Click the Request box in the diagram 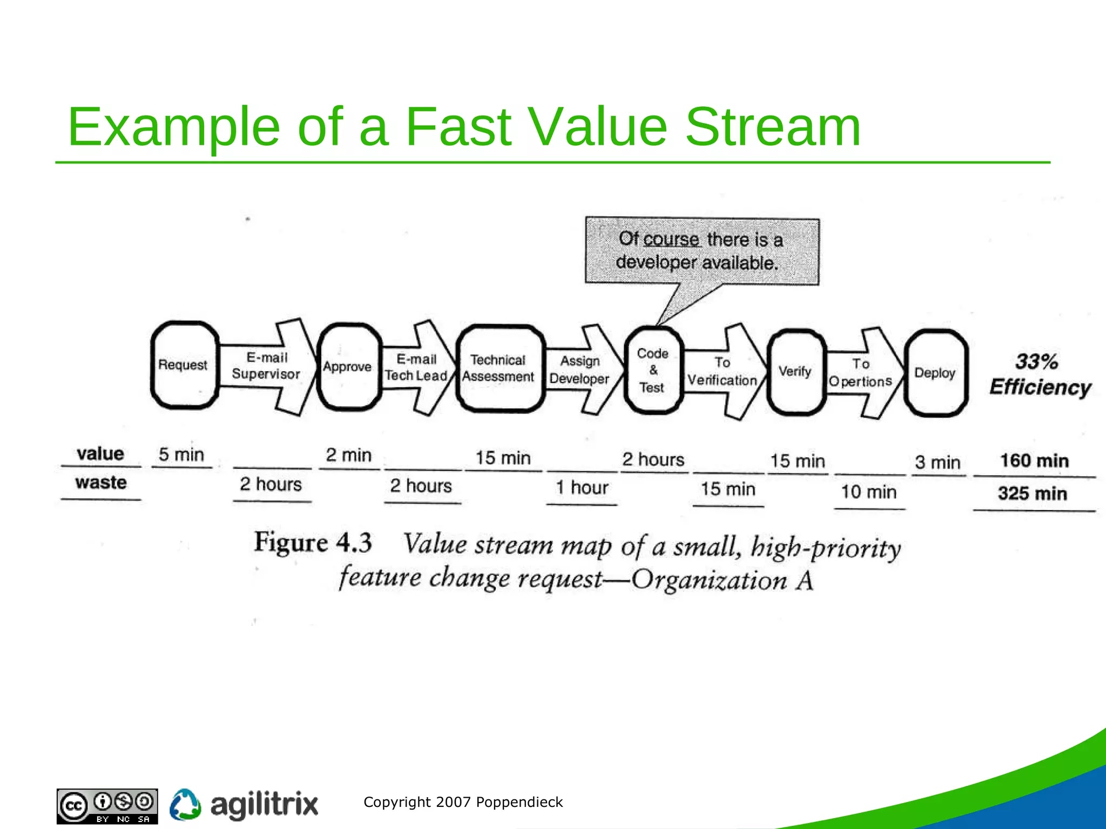click(x=184, y=365)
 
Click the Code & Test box click(x=653, y=370)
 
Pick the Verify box click(x=796, y=371)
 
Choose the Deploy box click(x=935, y=373)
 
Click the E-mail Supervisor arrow click(x=267, y=366)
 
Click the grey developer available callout click(x=702, y=252)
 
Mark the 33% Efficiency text click(x=1039, y=375)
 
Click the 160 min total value click(x=1034, y=461)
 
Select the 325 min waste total click(x=1032, y=493)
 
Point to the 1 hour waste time click(x=582, y=488)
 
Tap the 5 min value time click(x=181, y=454)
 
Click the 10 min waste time click(x=868, y=492)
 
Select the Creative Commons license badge click(x=107, y=806)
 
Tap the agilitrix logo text click(x=264, y=805)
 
